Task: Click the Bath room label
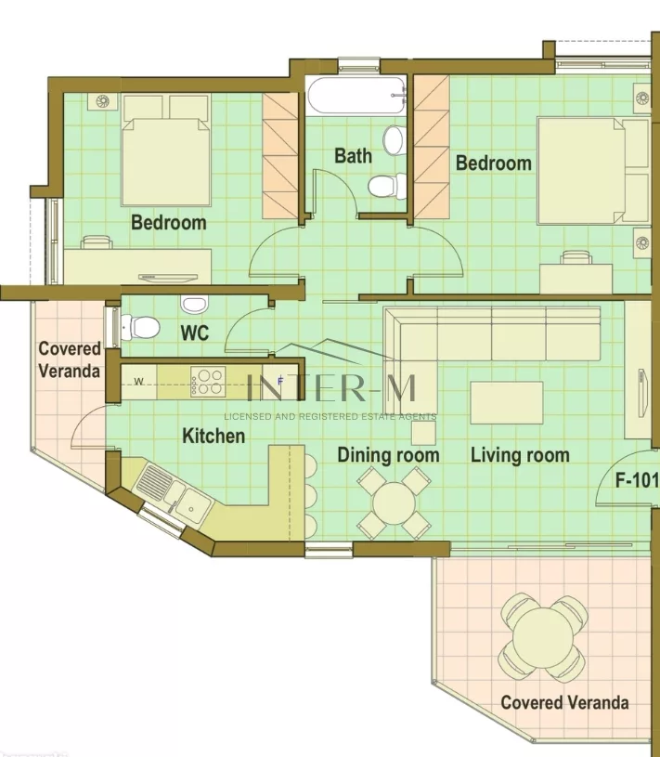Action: (353, 156)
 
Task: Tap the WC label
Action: (195, 333)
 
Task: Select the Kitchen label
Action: (214, 436)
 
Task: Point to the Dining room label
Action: (388, 455)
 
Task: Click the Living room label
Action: (520, 455)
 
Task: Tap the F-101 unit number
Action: (637, 480)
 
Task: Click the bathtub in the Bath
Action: (356, 96)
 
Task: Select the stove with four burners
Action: (209, 382)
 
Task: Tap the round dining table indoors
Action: (394, 503)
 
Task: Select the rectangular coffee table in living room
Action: (507, 402)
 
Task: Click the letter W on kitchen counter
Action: (139, 382)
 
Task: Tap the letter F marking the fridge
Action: (280, 381)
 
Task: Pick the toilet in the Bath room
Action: (387, 186)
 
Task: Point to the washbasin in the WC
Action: (194, 304)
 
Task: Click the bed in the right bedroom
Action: (592, 171)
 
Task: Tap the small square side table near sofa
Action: (423, 433)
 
